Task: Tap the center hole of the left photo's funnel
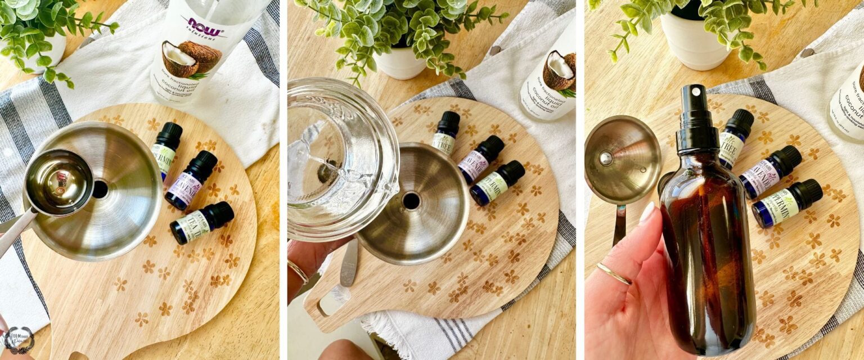pyautogui.click(x=100, y=189)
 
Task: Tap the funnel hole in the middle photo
pyautogui.click(x=411, y=201)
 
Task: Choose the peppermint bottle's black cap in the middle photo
pyautogui.click(x=511, y=172)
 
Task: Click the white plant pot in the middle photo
pyautogui.click(x=400, y=62)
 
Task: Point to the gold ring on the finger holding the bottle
pyautogui.click(x=613, y=274)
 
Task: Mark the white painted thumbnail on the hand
pyautogui.click(x=646, y=212)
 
